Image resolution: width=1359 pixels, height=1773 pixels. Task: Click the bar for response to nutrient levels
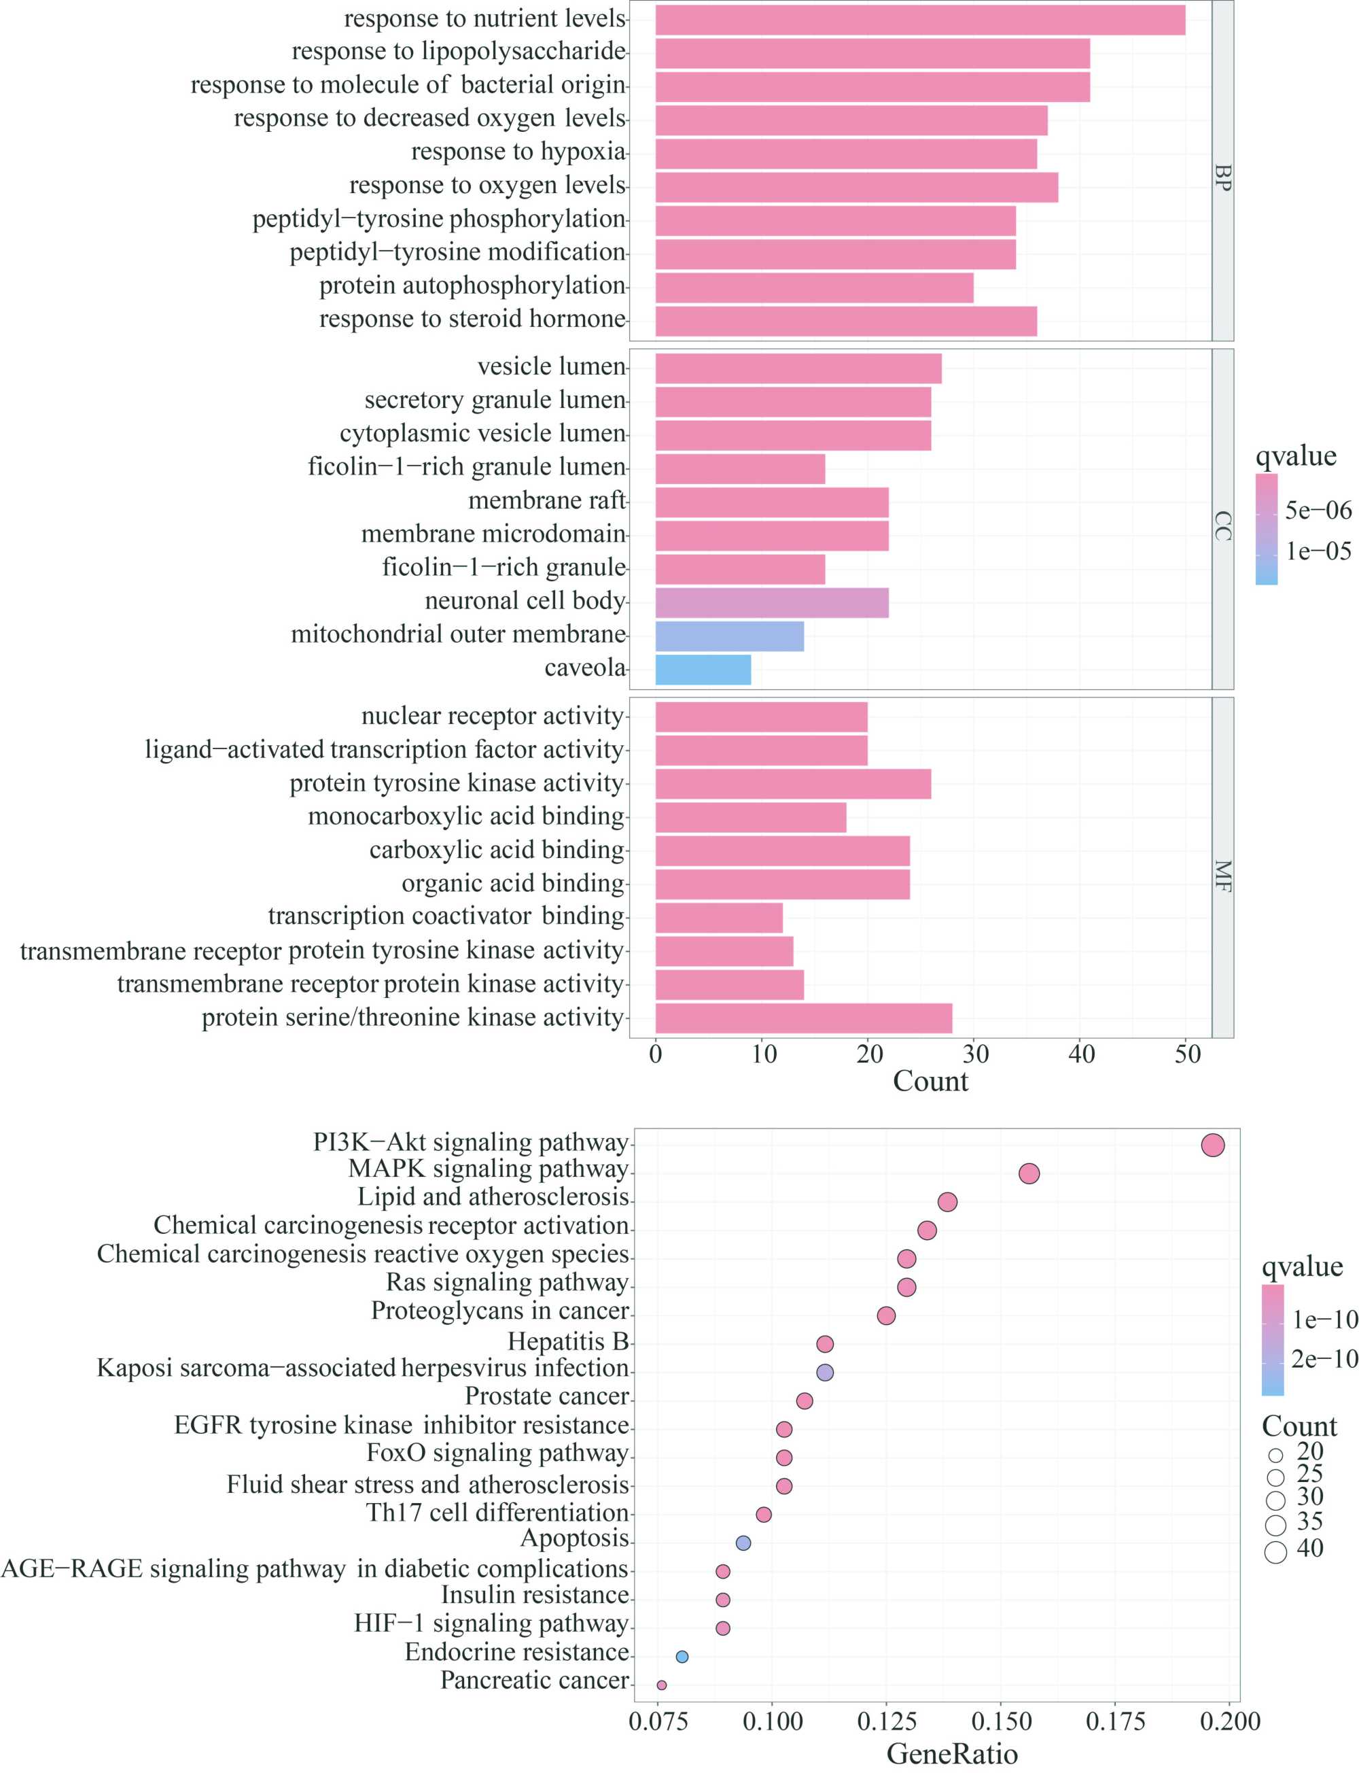(x=920, y=20)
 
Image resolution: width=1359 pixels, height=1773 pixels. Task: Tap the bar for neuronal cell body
(x=772, y=603)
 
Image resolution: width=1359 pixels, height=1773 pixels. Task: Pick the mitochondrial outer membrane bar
(x=730, y=637)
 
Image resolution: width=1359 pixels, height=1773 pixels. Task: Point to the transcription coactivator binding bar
(x=719, y=918)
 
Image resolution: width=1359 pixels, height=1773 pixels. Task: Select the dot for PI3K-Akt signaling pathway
(x=1213, y=1145)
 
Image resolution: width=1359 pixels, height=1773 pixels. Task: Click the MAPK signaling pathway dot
(x=1029, y=1173)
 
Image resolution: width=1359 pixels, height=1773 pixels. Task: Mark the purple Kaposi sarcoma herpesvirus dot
(x=825, y=1373)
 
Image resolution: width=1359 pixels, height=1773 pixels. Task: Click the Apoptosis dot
(x=743, y=1543)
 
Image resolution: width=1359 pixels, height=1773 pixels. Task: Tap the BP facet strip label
(x=1222, y=178)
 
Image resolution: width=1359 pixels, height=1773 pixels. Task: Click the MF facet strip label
(x=1222, y=876)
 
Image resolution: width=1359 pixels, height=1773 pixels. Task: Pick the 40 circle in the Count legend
(x=1275, y=1552)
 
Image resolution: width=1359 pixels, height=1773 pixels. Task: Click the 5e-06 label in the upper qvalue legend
(x=1318, y=510)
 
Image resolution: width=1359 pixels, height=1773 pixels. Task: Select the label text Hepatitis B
(x=568, y=1342)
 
